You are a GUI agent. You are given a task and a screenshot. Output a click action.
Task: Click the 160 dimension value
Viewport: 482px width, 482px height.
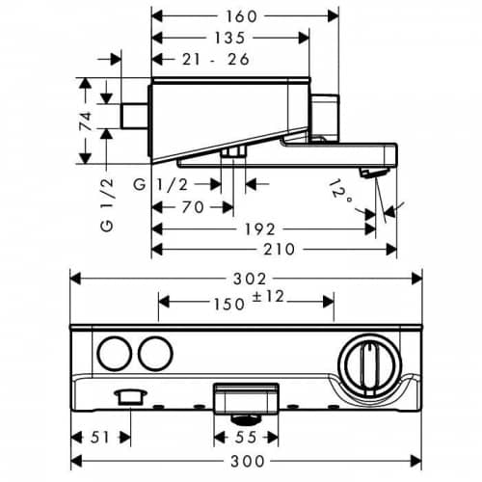(242, 16)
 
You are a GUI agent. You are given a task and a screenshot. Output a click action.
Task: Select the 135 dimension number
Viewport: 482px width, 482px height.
(229, 38)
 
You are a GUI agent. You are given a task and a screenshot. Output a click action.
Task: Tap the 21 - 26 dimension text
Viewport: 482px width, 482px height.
(216, 60)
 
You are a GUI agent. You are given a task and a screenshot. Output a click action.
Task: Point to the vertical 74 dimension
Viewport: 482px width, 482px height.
(86, 120)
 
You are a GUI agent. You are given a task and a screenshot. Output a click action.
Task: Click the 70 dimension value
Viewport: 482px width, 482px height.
(193, 207)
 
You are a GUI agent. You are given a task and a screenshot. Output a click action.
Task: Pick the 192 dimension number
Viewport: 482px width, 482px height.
(260, 229)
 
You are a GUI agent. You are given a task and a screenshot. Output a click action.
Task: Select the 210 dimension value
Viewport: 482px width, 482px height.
(279, 250)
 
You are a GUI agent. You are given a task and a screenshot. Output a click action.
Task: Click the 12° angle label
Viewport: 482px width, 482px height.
(340, 192)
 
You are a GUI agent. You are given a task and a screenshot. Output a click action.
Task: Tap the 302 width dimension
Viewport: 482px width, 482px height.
(250, 279)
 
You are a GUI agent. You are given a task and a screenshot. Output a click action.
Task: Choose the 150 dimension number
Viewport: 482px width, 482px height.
(229, 304)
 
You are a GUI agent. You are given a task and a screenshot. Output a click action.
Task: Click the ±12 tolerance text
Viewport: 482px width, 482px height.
(268, 296)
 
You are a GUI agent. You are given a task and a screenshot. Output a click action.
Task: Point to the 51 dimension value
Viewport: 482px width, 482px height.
(100, 438)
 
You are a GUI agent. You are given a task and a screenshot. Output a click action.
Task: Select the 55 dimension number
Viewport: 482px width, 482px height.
(246, 438)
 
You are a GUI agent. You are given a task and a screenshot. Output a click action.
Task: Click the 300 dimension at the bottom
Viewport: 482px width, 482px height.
(248, 462)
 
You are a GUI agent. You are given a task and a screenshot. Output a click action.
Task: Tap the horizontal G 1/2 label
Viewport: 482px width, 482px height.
(160, 185)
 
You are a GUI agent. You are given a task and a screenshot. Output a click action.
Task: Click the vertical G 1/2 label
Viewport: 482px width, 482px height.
(107, 204)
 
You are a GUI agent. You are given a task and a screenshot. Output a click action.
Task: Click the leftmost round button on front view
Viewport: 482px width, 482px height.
(115, 354)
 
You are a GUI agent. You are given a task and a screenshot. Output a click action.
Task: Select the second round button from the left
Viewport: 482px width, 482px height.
(156, 354)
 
